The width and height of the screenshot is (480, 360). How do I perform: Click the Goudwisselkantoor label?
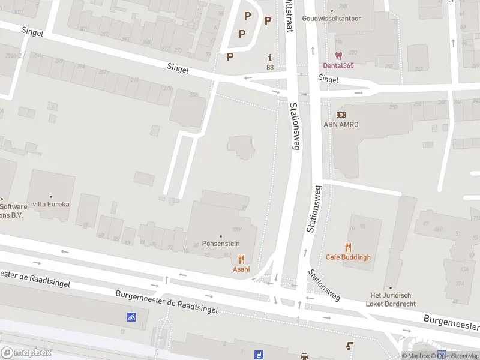point(332,19)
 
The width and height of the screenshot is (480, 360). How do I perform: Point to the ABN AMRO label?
point(341,124)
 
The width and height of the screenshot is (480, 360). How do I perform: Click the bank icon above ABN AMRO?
point(340,115)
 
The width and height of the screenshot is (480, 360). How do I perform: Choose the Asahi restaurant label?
point(241,269)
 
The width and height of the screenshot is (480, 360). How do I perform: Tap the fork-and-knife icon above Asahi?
point(241,259)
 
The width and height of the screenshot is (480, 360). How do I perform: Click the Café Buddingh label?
point(348,257)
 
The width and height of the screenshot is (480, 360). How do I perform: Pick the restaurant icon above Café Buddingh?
point(348,247)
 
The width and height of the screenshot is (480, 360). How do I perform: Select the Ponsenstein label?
point(221,244)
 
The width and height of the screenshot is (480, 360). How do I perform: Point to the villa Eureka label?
point(51,204)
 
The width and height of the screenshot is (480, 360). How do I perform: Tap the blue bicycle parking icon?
point(131,317)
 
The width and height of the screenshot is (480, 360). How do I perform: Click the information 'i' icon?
point(270,58)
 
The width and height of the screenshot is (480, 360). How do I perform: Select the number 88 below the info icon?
point(270,67)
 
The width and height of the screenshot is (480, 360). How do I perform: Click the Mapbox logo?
point(26,353)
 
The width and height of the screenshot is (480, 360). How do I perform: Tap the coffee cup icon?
point(350,346)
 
